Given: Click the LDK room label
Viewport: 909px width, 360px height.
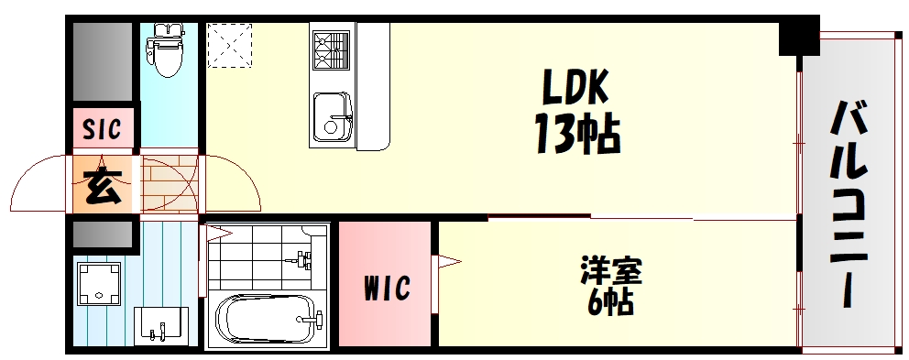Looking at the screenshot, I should [x=575, y=89].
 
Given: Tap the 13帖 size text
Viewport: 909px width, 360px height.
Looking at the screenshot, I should [x=577, y=135].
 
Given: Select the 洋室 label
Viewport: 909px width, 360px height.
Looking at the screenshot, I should [x=611, y=272].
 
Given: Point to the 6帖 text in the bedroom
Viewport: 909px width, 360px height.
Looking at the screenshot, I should [x=610, y=302].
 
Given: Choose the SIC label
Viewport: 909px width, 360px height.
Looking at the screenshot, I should [x=103, y=130].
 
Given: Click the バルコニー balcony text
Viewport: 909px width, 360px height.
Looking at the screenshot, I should [x=851, y=207].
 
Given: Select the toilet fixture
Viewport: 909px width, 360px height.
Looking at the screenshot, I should [x=166, y=49].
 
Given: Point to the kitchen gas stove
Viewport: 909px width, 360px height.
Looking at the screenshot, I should [x=331, y=49].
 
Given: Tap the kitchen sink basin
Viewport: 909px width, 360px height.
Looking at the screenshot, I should [x=330, y=117].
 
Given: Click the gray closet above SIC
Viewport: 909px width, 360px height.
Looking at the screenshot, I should [x=103, y=63].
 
